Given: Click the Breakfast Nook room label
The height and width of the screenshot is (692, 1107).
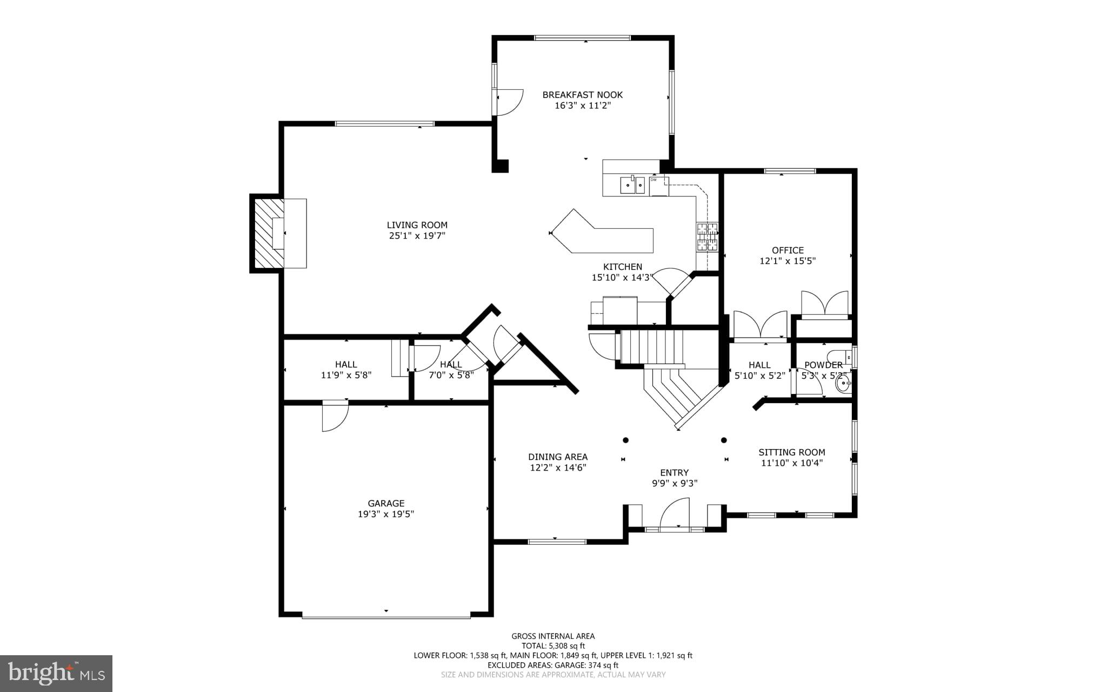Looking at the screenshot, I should [x=582, y=95].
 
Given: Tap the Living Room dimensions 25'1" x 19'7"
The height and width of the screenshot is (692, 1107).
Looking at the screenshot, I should [x=417, y=236].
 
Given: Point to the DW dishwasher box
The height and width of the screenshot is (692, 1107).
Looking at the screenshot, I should [x=658, y=186].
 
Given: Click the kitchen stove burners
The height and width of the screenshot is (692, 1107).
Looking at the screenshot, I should [x=707, y=237].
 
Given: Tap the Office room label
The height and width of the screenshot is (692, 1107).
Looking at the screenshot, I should [x=788, y=250].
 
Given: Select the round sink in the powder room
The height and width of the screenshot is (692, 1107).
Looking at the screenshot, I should [x=842, y=385].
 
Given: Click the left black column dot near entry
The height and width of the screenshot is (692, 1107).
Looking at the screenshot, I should [x=625, y=440].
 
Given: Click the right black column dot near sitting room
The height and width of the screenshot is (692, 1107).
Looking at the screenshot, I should [x=724, y=440].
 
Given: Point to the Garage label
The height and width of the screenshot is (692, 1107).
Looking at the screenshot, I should [x=386, y=503].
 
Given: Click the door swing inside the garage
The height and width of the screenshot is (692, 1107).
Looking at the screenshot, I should [x=334, y=417].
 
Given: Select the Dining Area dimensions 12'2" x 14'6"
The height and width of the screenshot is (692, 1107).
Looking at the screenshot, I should [x=558, y=467].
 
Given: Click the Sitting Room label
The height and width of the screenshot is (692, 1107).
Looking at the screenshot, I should [x=791, y=452].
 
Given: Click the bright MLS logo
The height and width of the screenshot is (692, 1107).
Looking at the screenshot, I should [x=56, y=673].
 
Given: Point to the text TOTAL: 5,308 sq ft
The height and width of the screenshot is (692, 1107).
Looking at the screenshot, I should [x=553, y=645].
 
